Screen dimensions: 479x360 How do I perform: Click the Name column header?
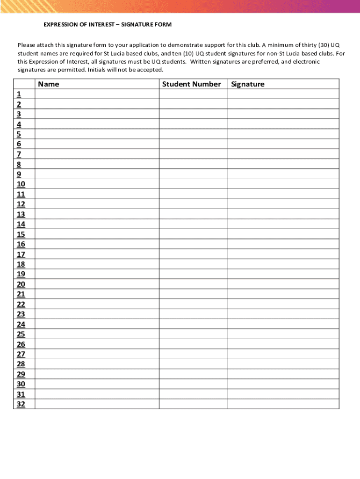tap(49, 84)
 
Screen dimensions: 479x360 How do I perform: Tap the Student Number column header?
tap(191, 84)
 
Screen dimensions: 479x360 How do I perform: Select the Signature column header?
tap(247, 84)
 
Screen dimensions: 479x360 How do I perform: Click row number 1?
tap(19, 94)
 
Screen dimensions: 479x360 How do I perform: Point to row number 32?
tap(21, 404)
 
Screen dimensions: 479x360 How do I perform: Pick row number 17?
tap(21, 254)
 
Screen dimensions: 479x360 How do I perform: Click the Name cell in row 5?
tap(97, 134)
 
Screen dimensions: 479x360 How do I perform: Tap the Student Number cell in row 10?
tap(193, 184)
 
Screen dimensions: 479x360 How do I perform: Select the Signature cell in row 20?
tap(283, 284)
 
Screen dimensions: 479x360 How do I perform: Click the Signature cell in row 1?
tap(283, 94)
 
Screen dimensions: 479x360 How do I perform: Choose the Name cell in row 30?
tap(97, 384)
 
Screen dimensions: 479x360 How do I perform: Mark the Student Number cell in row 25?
tap(193, 334)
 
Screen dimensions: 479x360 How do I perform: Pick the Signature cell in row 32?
tap(283, 404)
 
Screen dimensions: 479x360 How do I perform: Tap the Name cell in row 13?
tap(97, 214)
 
